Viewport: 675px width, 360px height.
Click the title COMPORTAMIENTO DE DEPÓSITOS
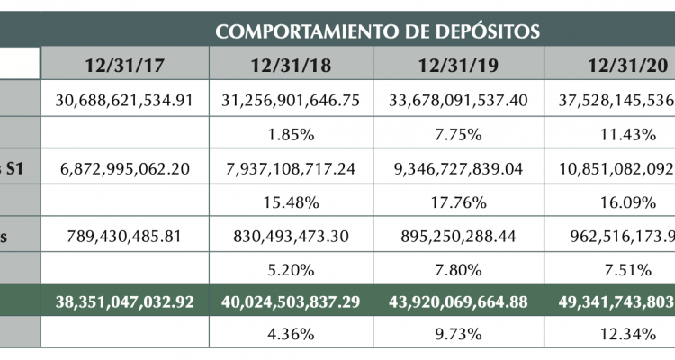click(x=377, y=32)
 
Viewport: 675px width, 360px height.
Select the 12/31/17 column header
click(x=124, y=65)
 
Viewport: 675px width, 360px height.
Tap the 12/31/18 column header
click(x=291, y=65)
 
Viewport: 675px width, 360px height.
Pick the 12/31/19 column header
click(x=459, y=65)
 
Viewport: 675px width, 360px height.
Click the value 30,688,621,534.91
click(x=124, y=100)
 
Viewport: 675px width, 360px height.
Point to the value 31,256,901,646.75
click(x=291, y=100)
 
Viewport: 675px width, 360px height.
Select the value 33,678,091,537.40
click(x=459, y=100)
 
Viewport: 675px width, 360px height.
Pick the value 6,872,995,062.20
click(x=124, y=167)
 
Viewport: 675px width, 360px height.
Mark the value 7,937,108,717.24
click(x=291, y=167)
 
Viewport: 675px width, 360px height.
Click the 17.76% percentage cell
click(x=459, y=202)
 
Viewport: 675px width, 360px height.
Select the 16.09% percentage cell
click(x=620, y=202)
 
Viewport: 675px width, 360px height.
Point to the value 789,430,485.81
click(x=124, y=236)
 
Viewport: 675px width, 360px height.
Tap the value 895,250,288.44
click(x=459, y=236)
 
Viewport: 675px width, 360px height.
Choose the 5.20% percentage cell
click(x=291, y=269)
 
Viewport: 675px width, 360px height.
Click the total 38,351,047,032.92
click(x=124, y=302)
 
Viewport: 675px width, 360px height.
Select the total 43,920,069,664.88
click(x=459, y=302)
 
